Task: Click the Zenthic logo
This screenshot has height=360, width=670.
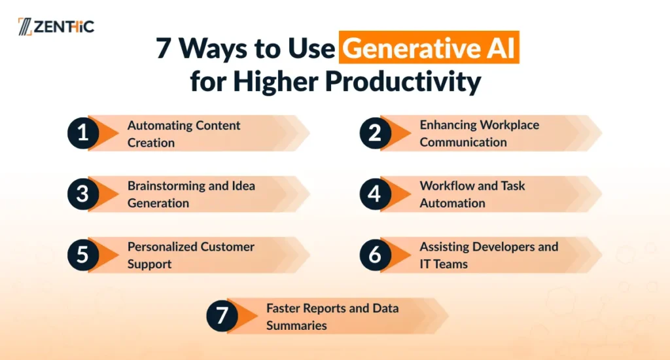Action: click(x=56, y=26)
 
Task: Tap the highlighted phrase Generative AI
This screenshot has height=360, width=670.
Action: click(x=429, y=48)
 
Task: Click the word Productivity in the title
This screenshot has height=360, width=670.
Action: click(x=403, y=81)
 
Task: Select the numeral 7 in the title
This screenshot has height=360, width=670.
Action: click(x=163, y=48)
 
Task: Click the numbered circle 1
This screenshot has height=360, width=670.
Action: click(x=83, y=133)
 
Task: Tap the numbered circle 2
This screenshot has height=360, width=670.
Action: click(x=375, y=133)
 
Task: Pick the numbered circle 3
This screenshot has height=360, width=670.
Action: click(x=83, y=194)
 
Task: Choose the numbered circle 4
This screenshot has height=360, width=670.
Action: click(x=375, y=194)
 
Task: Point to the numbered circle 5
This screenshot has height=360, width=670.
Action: click(x=83, y=255)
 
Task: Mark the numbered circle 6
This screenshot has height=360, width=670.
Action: click(x=375, y=255)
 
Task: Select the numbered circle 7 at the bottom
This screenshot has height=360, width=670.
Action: click(x=222, y=316)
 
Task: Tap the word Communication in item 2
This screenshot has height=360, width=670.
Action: click(x=463, y=142)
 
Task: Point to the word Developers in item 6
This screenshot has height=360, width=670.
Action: click(x=508, y=247)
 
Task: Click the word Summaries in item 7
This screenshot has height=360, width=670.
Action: click(x=296, y=325)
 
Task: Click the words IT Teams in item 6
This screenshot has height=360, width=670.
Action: click(x=444, y=264)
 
